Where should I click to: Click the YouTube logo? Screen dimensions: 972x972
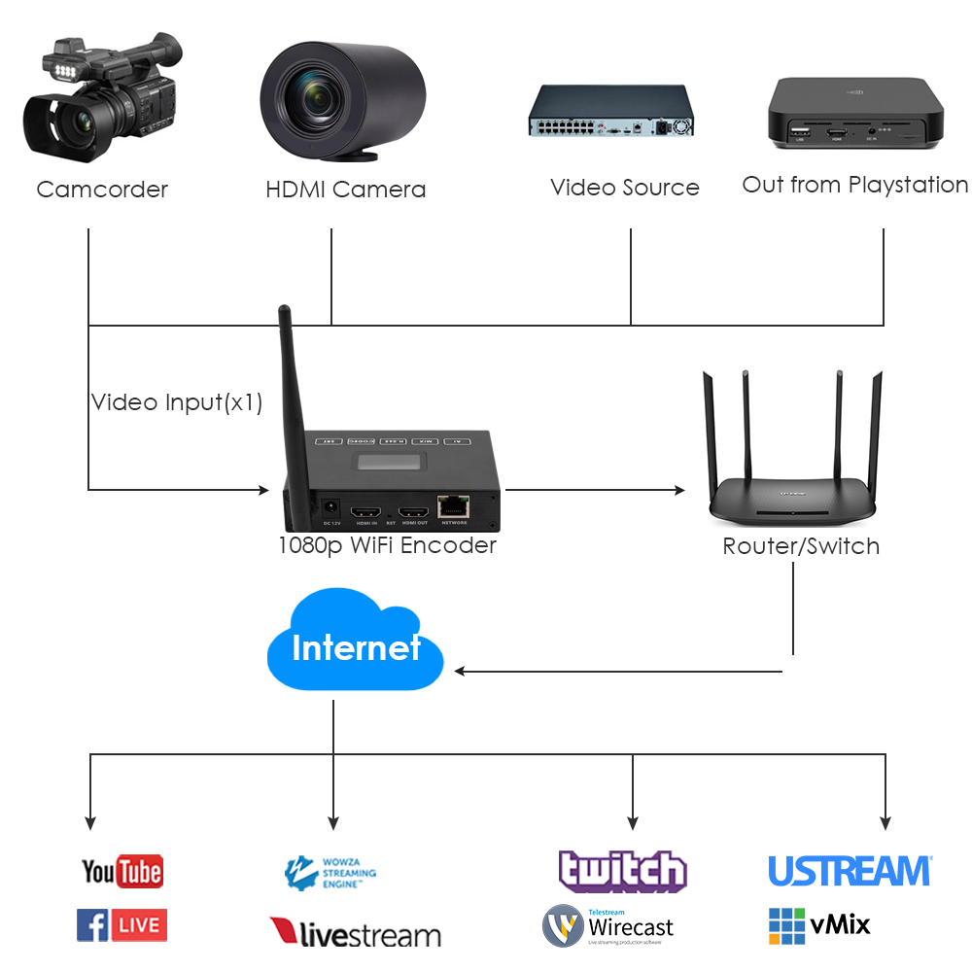click(x=121, y=871)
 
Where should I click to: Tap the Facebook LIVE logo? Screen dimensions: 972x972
click(x=121, y=924)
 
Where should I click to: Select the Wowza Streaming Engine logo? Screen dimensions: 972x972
click(x=330, y=873)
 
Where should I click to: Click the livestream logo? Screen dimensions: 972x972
click(x=355, y=933)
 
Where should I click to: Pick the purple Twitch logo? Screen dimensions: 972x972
click(x=622, y=871)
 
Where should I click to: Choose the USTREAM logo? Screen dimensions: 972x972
click(x=850, y=871)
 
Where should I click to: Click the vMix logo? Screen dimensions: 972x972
click(x=819, y=924)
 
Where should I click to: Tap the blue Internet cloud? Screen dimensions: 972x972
click(x=355, y=646)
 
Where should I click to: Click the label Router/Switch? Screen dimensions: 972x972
click(x=801, y=546)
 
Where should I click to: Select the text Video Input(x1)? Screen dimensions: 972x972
click(x=177, y=402)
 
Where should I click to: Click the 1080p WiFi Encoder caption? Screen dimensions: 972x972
click(x=387, y=545)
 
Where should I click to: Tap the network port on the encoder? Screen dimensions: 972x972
click(x=453, y=506)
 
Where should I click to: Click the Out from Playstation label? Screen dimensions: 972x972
click(x=854, y=185)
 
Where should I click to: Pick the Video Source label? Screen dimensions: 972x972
click(x=624, y=188)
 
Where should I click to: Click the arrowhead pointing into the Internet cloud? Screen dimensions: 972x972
click(x=461, y=671)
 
